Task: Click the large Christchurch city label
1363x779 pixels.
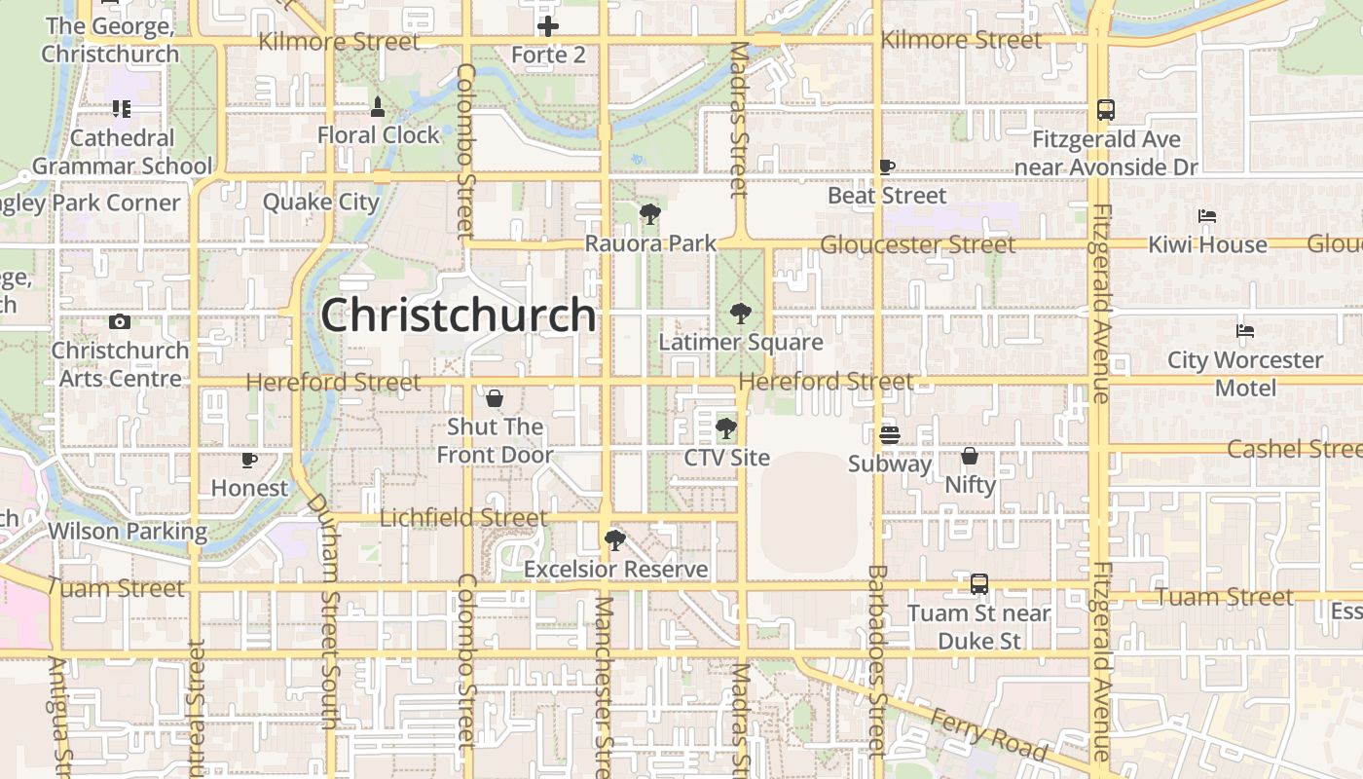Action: [x=458, y=315]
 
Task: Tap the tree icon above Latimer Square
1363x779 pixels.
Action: [x=741, y=314]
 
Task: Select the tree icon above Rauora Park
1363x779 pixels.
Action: [x=650, y=214]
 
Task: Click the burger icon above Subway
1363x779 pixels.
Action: [x=889, y=434]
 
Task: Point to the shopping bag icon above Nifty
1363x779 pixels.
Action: [x=970, y=456]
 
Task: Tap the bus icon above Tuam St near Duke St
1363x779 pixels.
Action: [x=979, y=584]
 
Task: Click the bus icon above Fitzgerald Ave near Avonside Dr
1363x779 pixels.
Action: [x=1106, y=110]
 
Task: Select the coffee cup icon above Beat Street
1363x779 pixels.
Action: [x=886, y=167]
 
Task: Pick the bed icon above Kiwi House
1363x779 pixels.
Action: [x=1207, y=216]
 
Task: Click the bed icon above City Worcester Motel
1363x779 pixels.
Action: [x=1245, y=331]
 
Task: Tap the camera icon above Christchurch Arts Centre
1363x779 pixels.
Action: [x=120, y=321]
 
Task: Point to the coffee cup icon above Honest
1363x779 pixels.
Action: [x=249, y=460]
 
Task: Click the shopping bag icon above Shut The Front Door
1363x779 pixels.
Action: [x=495, y=398]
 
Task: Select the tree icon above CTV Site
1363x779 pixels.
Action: [x=726, y=428]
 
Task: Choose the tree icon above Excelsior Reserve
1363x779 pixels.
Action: [x=614, y=539]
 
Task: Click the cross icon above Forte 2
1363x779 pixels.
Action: [x=548, y=26]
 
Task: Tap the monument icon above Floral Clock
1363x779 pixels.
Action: [x=378, y=105]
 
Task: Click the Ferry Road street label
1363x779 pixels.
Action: [x=987, y=735]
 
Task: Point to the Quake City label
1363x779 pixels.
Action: [x=320, y=203]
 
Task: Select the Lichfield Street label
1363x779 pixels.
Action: [x=462, y=518]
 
